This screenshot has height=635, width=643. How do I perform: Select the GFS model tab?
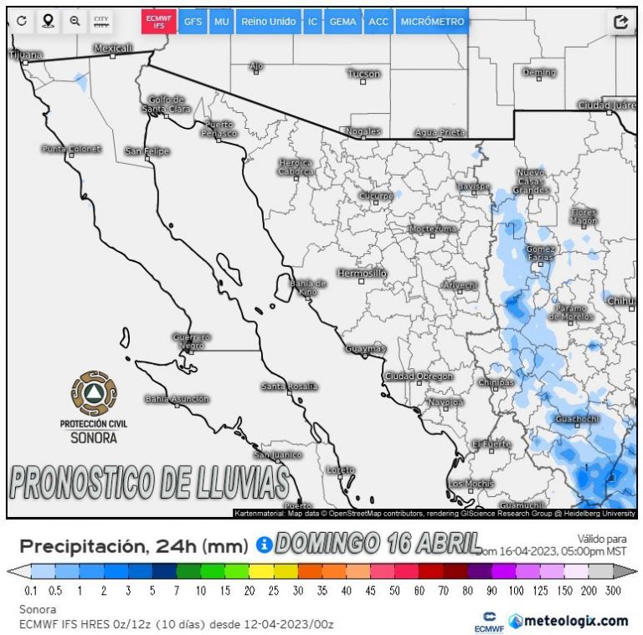(193, 22)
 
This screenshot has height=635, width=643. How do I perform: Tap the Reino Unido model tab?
(268, 22)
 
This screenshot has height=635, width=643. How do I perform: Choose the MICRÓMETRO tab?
(432, 22)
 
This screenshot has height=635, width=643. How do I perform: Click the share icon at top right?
(620, 23)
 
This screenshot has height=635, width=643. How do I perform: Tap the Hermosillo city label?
(362, 274)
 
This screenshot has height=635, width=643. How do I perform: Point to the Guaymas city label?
(366, 348)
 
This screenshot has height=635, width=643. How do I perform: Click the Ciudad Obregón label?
(419, 376)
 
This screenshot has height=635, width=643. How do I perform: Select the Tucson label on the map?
(363, 74)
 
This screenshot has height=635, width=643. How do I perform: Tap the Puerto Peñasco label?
(220, 129)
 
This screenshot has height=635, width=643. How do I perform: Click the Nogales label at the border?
(363, 131)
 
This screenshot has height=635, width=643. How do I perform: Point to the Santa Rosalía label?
(289, 387)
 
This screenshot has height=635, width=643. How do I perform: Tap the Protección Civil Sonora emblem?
(94, 394)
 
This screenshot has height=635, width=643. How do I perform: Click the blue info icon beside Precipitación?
(264, 545)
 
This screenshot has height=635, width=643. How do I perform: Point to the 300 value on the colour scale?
(614, 591)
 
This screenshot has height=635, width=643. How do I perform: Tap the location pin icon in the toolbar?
(48, 22)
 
